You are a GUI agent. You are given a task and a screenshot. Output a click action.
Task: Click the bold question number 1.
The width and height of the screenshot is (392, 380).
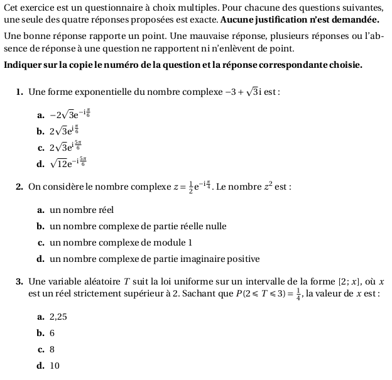point(19,93)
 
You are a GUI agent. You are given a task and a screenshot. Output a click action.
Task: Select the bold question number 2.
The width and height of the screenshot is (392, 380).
point(19,187)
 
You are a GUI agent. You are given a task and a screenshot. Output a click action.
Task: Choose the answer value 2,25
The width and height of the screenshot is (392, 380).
point(58,317)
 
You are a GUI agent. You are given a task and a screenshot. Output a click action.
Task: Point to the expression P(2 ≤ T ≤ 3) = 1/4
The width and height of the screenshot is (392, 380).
point(263,293)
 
